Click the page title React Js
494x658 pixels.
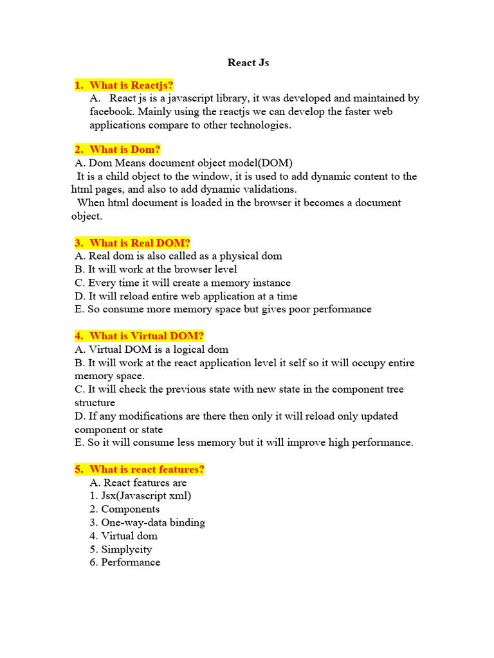[x=248, y=63]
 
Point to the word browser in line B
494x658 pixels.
[x=183, y=270]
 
